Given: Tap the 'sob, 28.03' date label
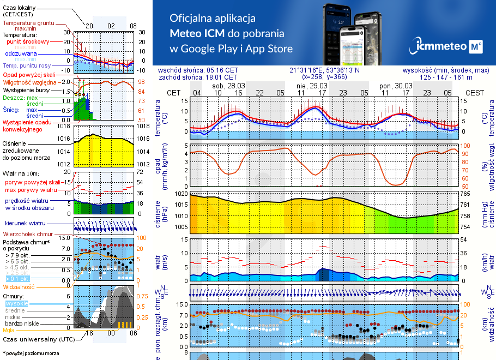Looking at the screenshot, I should pos(228,86).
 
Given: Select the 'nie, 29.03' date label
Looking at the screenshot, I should pos(312,86).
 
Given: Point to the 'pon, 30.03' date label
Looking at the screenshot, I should pos(395,86).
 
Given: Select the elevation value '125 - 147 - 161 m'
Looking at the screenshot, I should pos(446,77).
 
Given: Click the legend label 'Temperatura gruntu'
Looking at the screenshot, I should pos(28,23).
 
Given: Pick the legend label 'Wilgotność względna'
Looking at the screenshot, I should pos(30,82).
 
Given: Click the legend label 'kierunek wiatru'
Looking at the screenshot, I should pos(23,224).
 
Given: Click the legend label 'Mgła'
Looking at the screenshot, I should pos(9,330).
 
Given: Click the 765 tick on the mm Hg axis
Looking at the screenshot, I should pos(466,194).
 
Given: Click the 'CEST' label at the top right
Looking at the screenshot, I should pos(474,93).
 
